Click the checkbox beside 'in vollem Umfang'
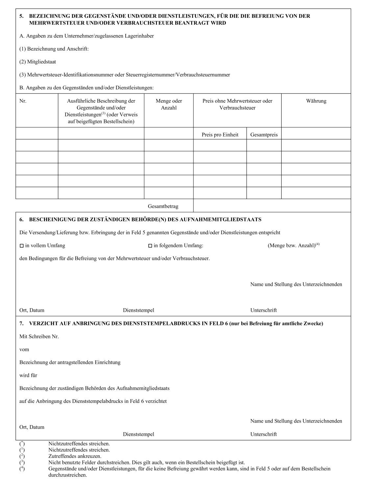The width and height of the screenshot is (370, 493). pyautogui.click(x=22, y=246)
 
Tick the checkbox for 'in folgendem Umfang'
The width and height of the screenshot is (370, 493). pyautogui.click(x=150, y=246)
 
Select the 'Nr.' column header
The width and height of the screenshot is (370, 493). pyautogui.click(x=23, y=101)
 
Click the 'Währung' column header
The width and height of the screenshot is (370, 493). pyautogui.click(x=316, y=101)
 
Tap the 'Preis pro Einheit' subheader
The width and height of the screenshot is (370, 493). pyautogui.click(x=220, y=135)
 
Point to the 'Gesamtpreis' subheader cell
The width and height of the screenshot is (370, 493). pyautogui.click(x=264, y=135)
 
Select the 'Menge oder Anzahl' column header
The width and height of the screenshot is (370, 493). pyautogui.click(x=169, y=104)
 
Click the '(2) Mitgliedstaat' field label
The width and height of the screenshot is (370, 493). pyautogui.click(x=37, y=62)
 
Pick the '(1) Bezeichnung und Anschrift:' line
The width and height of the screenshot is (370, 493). pyautogui.click(x=54, y=49)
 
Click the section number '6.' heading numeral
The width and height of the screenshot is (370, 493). pyautogui.click(x=21, y=219)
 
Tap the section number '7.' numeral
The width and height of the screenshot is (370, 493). pyautogui.click(x=21, y=323)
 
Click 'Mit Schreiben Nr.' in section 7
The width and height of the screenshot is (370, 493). pyautogui.click(x=39, y=336)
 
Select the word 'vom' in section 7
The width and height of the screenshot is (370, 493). pyautogui.click(x=24, y=349)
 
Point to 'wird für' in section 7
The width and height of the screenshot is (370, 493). pyautogui.click(x=28, y=375)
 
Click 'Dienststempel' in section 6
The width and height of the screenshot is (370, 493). pyautogui.click(x=138, y=310)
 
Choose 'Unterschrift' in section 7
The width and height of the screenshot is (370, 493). pyautogui.click(x=263, y=434)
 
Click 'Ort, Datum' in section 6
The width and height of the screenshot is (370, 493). pyautogui.click(x=32, y=310)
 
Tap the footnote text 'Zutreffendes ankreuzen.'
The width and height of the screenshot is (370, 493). pyautogui.click(x=75, y=456)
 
